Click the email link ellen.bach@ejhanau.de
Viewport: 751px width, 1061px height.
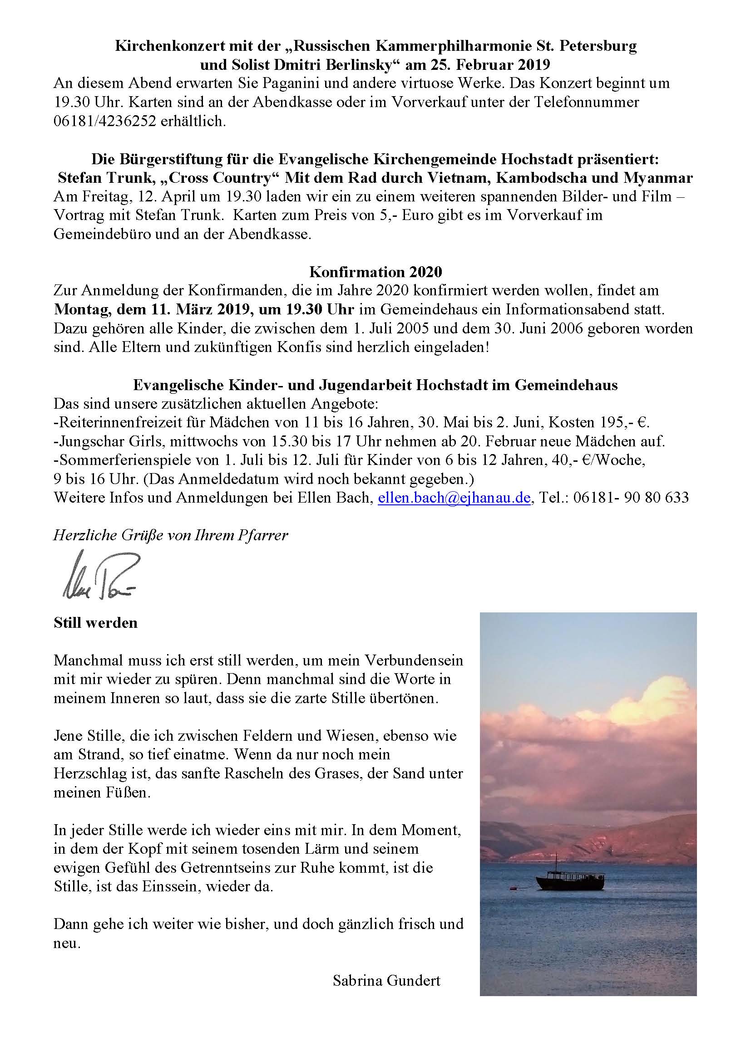454,498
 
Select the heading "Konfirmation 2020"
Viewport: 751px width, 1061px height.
375,271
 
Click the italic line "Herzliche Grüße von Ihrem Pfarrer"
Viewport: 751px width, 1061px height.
171,535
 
